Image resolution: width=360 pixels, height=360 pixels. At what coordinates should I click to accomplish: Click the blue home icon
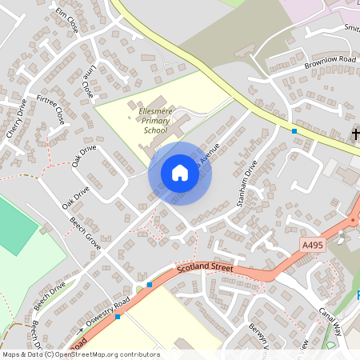[180, 173]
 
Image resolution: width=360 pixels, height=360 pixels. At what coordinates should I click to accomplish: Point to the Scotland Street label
[205, 269]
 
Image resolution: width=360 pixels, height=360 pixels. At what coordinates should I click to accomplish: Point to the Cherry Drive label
[17, 118]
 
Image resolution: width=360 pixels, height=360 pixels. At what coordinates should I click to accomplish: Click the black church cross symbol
[355, 135]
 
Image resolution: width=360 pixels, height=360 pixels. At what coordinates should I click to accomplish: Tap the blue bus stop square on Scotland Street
[150, 285]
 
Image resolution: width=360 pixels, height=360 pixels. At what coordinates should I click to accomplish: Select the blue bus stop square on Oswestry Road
[118, 317]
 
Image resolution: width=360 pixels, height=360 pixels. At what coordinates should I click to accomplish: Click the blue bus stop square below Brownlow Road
[294, 130]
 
